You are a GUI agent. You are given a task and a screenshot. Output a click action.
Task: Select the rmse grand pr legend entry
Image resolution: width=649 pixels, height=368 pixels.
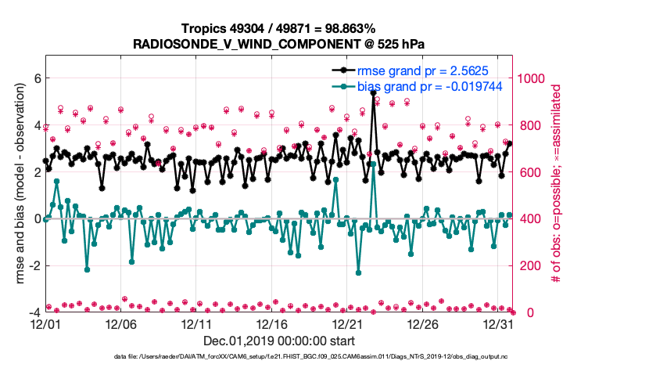[x=412, y=70]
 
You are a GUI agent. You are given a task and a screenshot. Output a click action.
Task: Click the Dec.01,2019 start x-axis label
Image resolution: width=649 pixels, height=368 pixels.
[x=279, y=341]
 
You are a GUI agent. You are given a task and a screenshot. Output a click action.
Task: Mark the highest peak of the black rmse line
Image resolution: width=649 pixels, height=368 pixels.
[x=374, y=93]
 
